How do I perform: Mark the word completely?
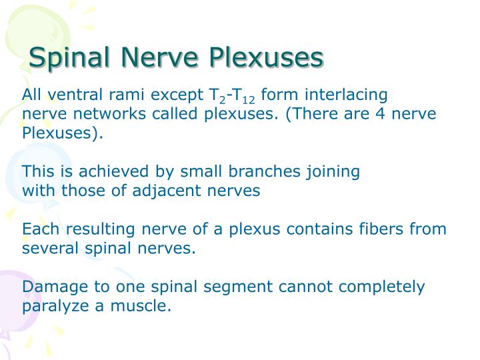383,288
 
